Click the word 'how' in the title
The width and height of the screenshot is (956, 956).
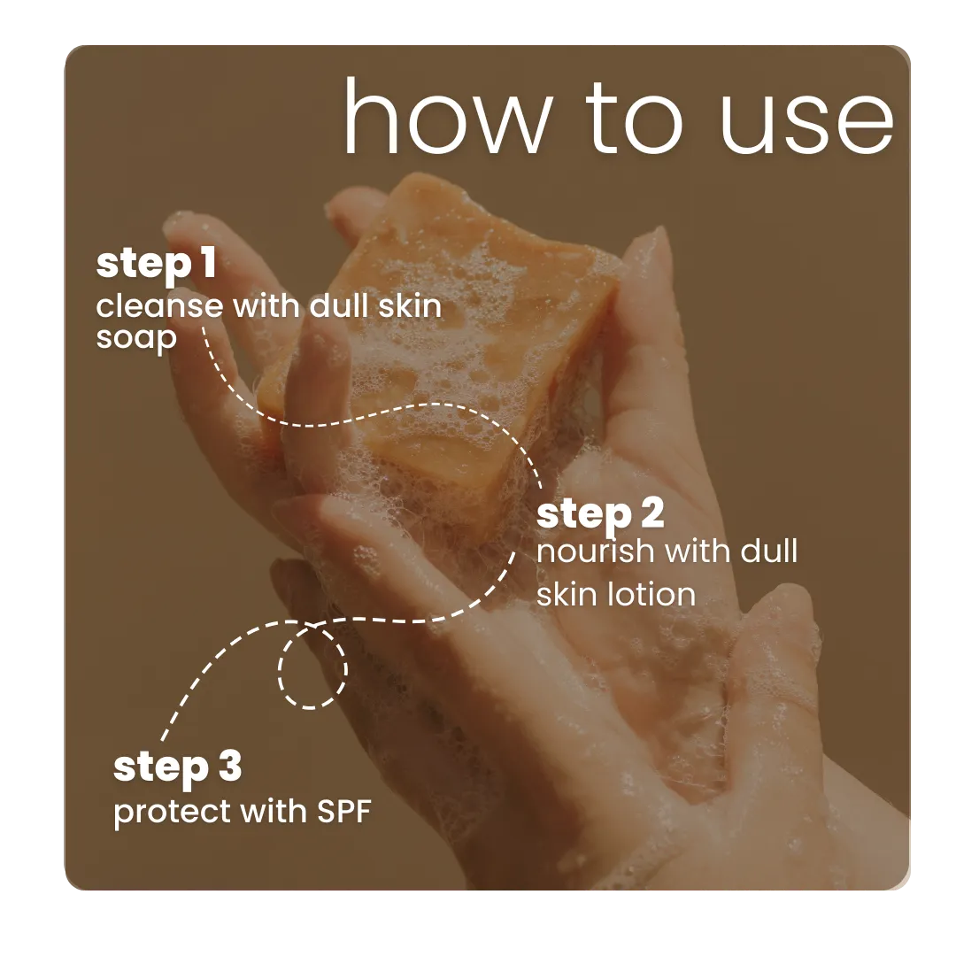pyautogui.click(x=443, y=118)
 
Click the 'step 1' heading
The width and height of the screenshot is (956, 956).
pyautogui.click(x=156, y=265)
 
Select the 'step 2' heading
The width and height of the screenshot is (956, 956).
pyautogui.click(x=600, y=514)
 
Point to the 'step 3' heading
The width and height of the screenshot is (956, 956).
pyautogui.click(x=177, y=767)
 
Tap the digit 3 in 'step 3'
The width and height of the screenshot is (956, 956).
pyautogui.click(x=228, y=767)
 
